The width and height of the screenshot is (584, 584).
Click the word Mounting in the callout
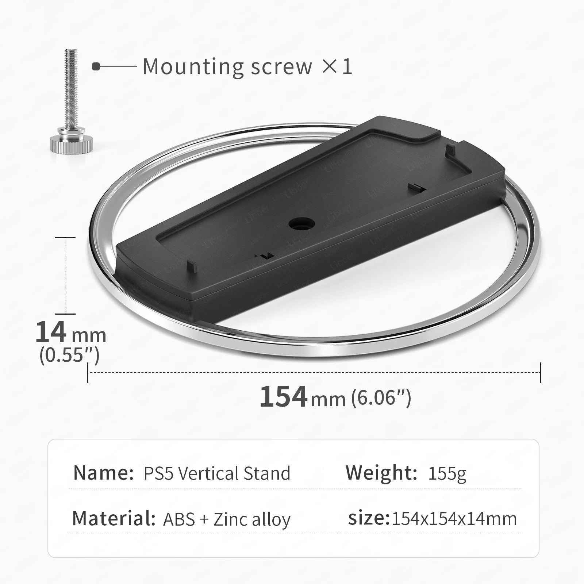click(193, 67)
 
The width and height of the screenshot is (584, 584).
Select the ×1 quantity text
click(337, 67)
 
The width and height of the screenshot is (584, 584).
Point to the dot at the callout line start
click(96, 67)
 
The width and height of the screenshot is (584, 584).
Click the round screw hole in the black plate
click(301, 223)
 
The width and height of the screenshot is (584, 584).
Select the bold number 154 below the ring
click(283, 396)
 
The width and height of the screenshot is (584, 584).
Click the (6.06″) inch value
click(381, 397)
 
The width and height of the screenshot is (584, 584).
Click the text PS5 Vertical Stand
click(217, 473)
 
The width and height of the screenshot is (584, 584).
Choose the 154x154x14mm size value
click(454, 519)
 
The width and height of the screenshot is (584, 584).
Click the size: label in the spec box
click(369, 518)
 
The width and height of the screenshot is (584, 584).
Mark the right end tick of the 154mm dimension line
click(541, 373)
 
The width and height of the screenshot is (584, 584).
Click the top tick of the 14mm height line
click(65, 237)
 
